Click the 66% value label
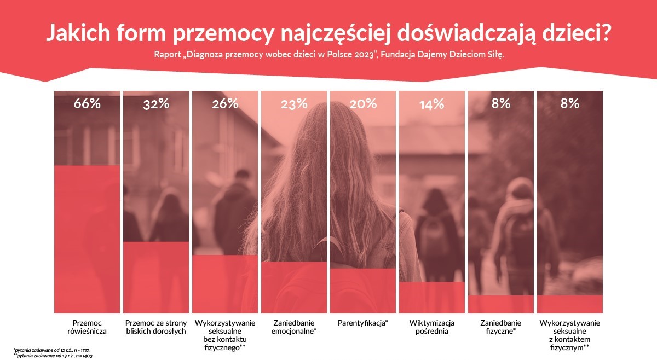point(88,103)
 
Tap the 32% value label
point(156,103)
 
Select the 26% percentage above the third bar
point(224,103)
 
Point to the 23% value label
point(293,103)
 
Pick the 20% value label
point(362,103)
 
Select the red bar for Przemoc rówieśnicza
point(88,239)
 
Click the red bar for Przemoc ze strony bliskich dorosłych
point(156,277)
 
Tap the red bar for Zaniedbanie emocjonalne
point(293,287)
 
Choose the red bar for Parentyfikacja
point(362,291)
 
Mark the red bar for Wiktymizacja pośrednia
point(431,297)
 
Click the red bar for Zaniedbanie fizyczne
point(500,304)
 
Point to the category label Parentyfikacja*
point(362,323)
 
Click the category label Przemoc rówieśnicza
point(88,327)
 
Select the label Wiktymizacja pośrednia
point(431,327)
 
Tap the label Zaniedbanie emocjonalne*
point(293,327)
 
